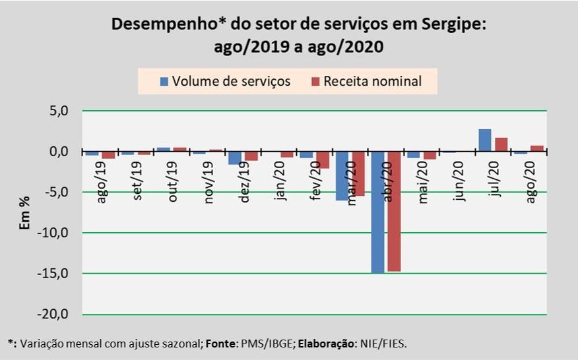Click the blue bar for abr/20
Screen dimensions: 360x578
pos(377,212)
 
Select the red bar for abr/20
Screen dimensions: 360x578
pos(393,211)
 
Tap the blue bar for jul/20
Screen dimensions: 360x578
pos(484,140)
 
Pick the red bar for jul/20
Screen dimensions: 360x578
pos(501,144)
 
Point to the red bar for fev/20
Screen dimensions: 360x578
pos(323,160)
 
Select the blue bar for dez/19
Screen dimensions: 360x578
pos(234,158)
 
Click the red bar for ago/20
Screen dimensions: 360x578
pos(537,148)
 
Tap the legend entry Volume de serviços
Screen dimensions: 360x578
pos(224,81)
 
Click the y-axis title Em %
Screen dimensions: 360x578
pos(25,212)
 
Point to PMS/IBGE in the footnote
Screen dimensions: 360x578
pos(245,344)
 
